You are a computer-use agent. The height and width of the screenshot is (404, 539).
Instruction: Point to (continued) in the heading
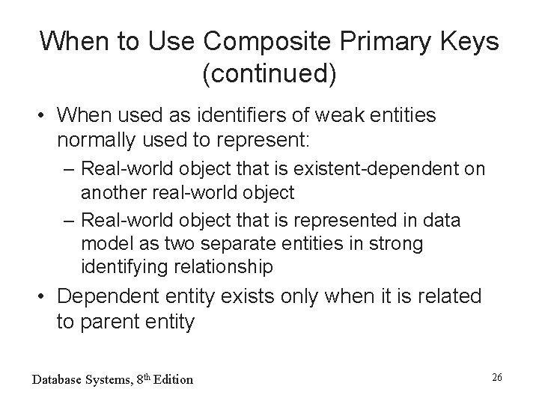269,73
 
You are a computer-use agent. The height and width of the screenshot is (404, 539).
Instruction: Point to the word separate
238,244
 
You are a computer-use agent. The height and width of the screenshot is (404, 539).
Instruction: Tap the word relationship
228,266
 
